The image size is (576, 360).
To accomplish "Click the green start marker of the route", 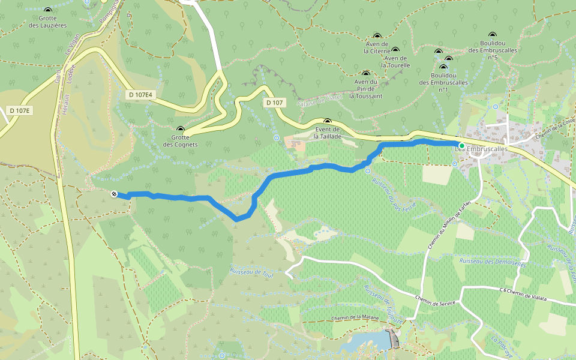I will click(x=461, y=146).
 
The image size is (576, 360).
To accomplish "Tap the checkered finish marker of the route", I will click(x=114, y=193).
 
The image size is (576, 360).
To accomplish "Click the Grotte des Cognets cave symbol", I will click(x=181, y=129).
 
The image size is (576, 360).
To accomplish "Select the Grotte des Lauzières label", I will click(x=47, y=22).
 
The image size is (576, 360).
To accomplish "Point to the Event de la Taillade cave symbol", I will click(x=328, y=121).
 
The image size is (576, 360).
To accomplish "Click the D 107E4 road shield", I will click(x=141, y=95).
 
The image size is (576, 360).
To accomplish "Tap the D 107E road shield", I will click(x=20, y=110).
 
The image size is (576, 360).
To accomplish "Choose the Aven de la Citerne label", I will click(x=377, y=47).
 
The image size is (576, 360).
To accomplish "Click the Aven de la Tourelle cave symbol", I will click(x=395, y=50).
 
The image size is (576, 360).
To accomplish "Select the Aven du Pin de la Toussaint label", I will click(x=365, y=89).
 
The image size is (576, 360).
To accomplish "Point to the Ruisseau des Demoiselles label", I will click(x=492, y=262).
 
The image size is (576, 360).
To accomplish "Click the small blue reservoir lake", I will click(x=366, y=341).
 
